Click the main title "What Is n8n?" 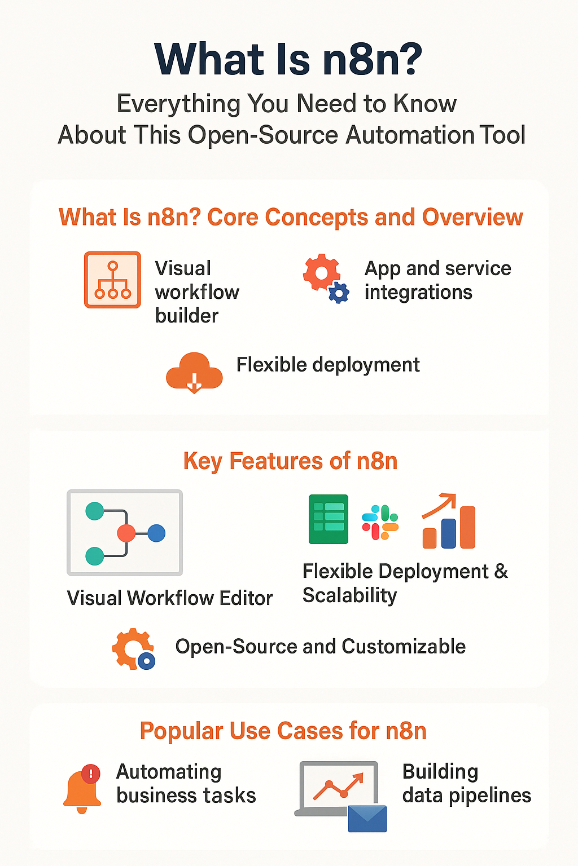pos(288,60)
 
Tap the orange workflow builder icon pos(112,280)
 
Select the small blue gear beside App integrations pos(339,293)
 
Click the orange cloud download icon pos(194,372)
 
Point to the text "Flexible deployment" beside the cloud pos(327,365)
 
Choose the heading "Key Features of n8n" pos(290,461)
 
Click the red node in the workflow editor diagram pos(126,533)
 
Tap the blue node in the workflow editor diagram pos(156,533)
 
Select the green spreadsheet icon pos(328,519)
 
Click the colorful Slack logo pos(380,522)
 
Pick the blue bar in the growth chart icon pos(449,533)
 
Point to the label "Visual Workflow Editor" pos(169,598)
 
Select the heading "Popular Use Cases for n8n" pos(283,731)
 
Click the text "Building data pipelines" pos(466,783)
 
